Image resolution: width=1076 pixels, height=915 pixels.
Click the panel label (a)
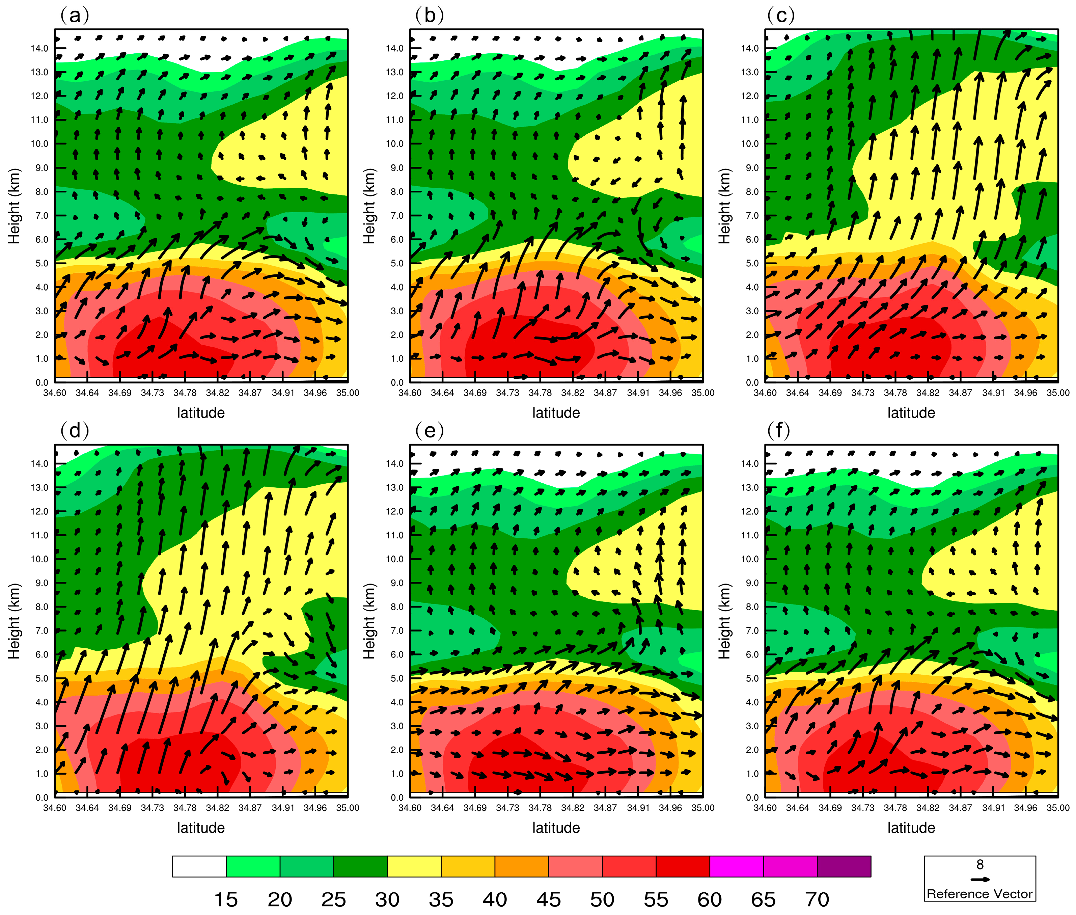75,16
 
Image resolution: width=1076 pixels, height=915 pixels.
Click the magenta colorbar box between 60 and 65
736,866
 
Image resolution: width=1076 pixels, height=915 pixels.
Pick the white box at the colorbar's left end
199,866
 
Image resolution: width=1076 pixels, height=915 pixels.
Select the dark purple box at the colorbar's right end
844,866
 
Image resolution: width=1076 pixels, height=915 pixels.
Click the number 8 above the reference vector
980,864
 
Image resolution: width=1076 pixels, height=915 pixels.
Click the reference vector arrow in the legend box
980,879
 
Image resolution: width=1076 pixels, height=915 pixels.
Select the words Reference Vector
980,894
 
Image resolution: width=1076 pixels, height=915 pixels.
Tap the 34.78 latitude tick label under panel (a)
185,393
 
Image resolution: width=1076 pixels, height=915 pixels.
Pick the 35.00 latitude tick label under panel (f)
1058,808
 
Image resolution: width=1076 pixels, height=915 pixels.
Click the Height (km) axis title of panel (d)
14,621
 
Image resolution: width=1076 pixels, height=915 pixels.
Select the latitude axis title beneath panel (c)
911,413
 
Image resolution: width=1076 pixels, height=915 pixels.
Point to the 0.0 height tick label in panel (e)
397,797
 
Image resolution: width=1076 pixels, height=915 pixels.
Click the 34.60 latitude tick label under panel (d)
54,808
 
